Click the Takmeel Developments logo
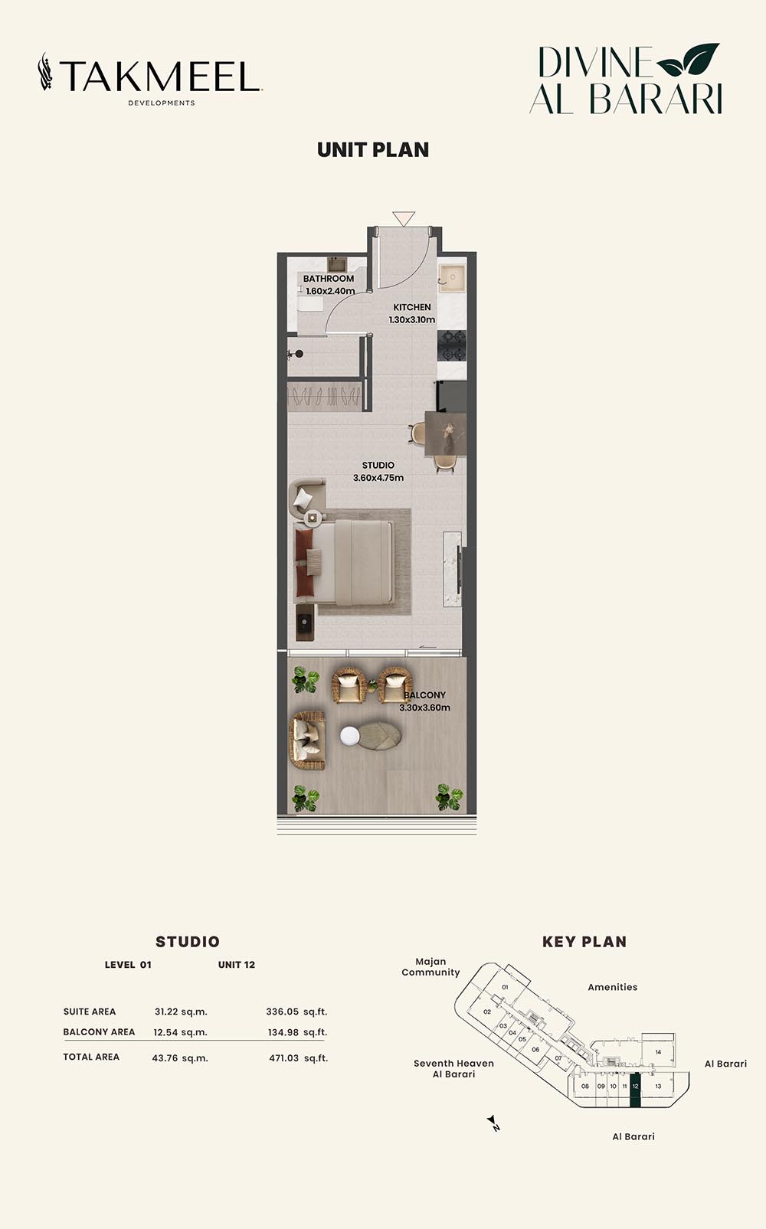[x=150, y=79]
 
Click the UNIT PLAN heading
[x=373, y=150]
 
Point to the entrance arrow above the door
[x=404, y=218]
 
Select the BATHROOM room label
[x=328, y=279]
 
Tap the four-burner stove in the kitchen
[x=452, y=345]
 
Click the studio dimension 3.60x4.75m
[x=378, y=478]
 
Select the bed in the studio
[x=344, y=562]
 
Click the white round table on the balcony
[x=349, y=737]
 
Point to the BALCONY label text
[x=424, y=695]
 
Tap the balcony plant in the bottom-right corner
[x=450, y=797]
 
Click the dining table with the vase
[x=446, y=433]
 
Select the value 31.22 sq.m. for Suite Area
[x=181, y=1012]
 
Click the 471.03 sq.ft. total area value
[x=298, y=1058]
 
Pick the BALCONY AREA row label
[x=99, y=1032]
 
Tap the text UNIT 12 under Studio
[x=237, y=965]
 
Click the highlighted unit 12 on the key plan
[x=636, y=1092]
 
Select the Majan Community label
[x=430, y=967]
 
